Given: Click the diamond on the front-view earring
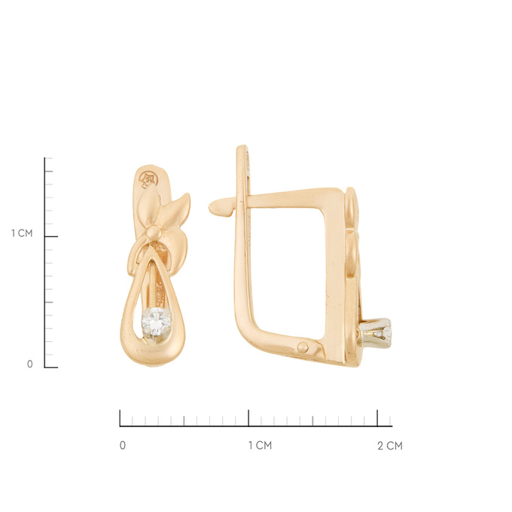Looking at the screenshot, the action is click(x=157, y=322).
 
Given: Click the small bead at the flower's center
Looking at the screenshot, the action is click(x=153, y=232).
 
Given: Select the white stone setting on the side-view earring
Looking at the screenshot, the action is click(x=376, y=333).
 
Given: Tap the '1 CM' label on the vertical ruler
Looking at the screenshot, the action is click(x=22, y=233).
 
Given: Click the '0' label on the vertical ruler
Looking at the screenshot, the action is click(x=29, y=364).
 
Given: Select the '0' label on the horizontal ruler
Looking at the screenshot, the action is click(x=123, y=446).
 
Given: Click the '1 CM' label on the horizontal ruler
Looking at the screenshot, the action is click(x=260, y=446).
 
